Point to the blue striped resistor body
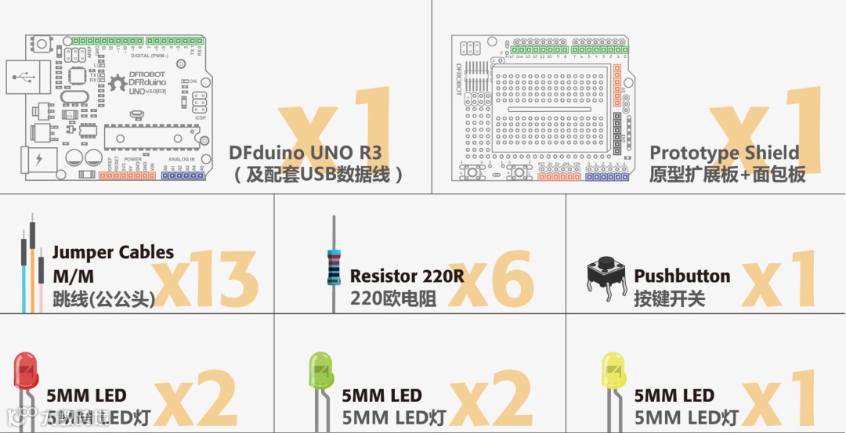pyautogui.click(x=334, y=267)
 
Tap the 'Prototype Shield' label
pyautogui.click(x=725, y=153)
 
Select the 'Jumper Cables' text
pyautogui.click(x=113, y=253)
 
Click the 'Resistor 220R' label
pyautogui.click(x=407, y=276)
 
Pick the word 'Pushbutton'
pyautogui.click(x=681, y=276)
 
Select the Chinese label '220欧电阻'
pyautogui.click(x=393, y=298)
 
